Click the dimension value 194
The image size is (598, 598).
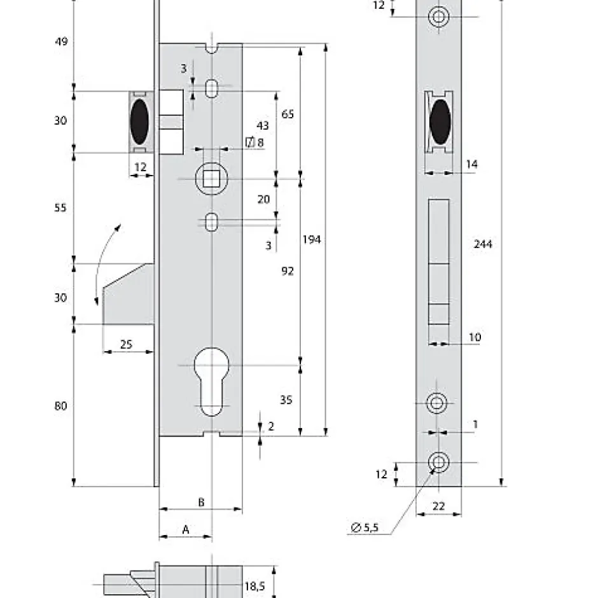pos(312,240)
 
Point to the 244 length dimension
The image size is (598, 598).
pos(483,244)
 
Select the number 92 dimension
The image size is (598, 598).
pos(288,271)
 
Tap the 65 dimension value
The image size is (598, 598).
pos(288,115)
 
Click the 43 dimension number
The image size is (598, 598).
pos(262,126)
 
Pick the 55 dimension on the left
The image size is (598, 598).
pos(60,208)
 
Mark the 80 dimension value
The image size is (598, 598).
pos(60,406)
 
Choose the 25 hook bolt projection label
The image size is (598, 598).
pos(126,344)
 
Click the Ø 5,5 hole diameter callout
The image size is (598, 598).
pos(365,527)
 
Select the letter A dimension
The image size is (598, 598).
pos(186,529)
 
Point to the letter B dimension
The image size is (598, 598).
pos(201,502)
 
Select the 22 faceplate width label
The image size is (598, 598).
pos(438,506)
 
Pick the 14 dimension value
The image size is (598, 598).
pos(471,164)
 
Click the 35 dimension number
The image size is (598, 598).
pos(286,400)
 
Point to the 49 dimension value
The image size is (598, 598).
pos(60,42)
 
